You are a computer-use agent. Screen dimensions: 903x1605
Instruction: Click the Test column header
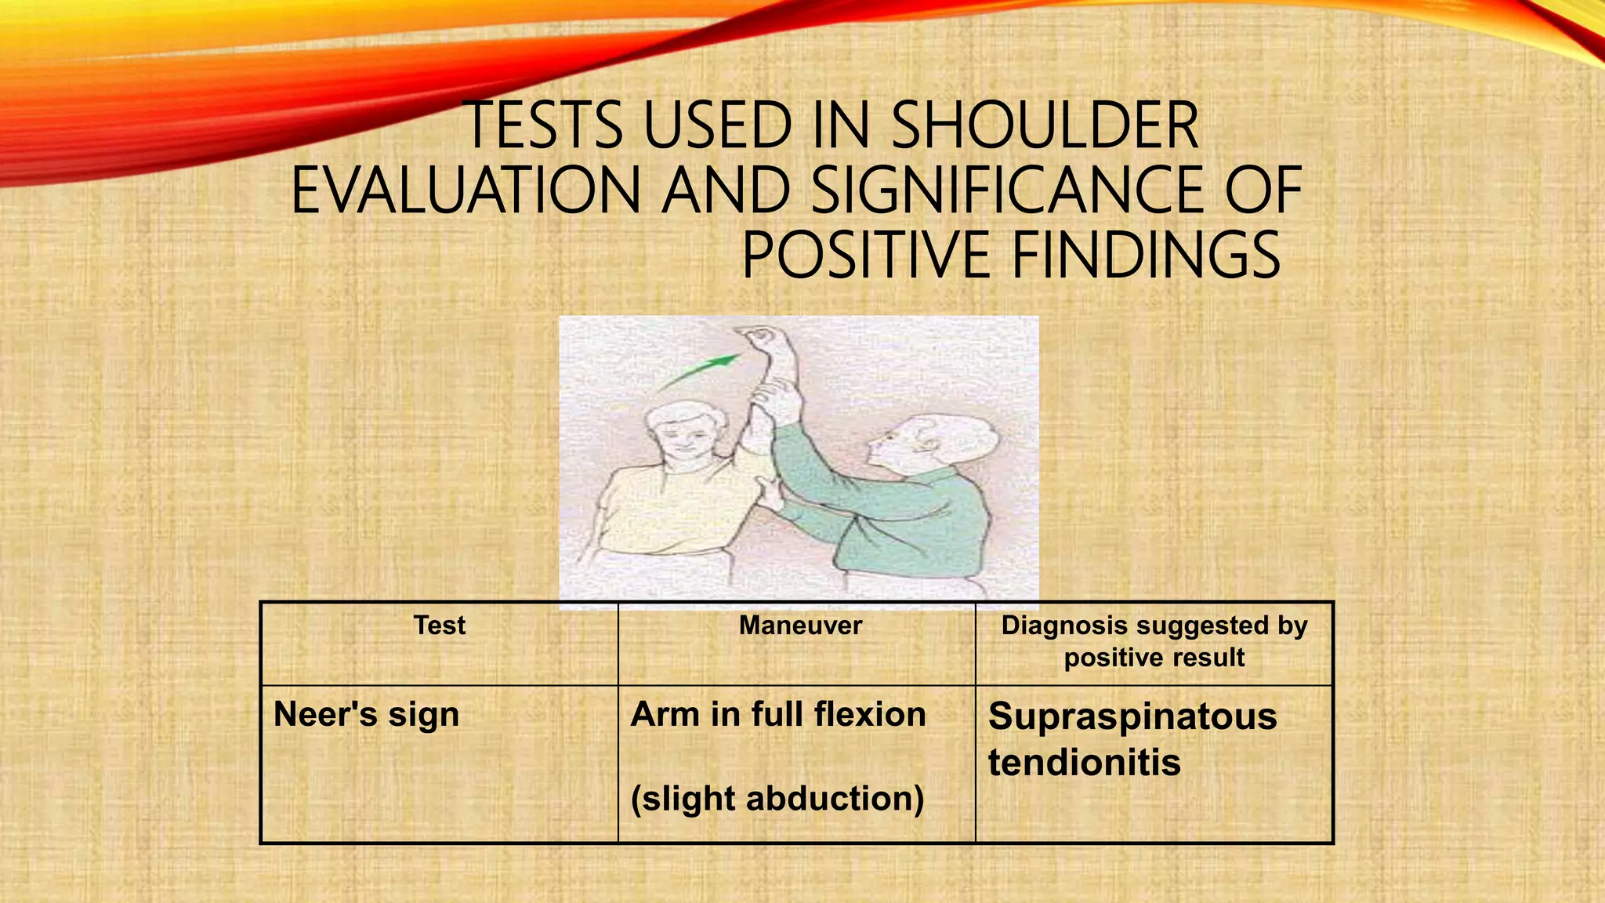[x=439, y=626]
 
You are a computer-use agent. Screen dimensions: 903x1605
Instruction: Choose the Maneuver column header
[x=800, y=626]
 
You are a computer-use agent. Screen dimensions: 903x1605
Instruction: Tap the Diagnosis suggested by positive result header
[x=1154, y=641]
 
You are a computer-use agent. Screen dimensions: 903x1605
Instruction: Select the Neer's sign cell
[x=366, y=715]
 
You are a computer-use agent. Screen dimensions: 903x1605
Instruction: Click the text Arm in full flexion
[x=777, y=715]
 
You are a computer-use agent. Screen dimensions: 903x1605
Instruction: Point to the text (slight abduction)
[x=777, y=799]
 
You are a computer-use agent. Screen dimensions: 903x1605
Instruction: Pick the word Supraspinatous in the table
[x=1132, y=716]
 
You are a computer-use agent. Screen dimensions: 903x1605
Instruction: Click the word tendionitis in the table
[x=1084, y=762]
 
